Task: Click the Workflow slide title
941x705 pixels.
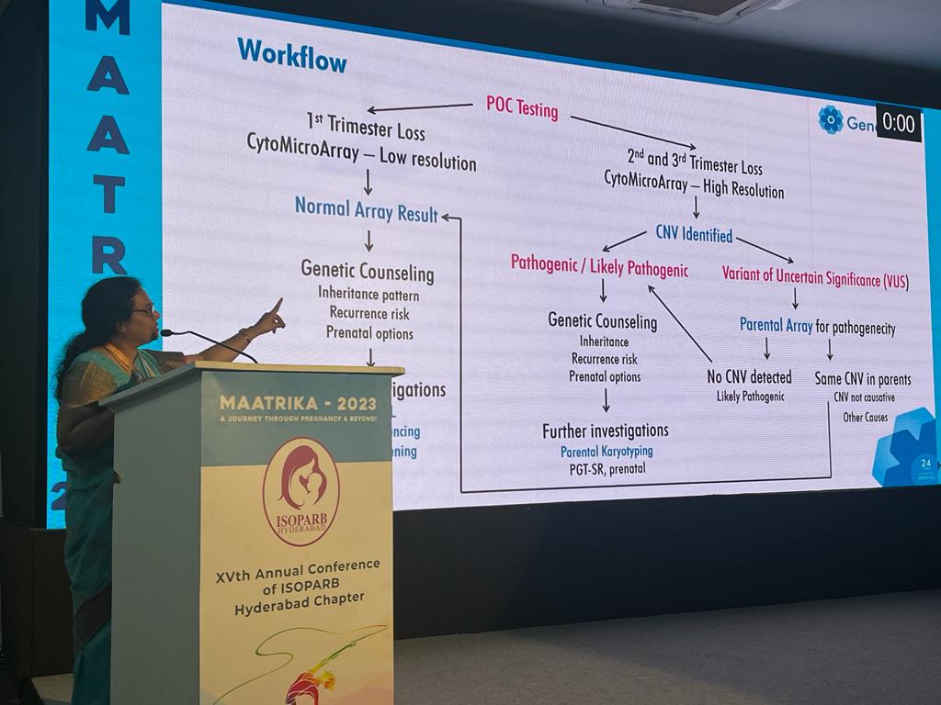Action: pos(291,55)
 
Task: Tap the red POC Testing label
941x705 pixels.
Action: pos(522,107)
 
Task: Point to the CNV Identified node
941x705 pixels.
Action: pos(694,234)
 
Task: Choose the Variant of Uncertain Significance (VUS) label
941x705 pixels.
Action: pos(815,276)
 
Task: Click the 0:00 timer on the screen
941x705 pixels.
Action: pos(898,123)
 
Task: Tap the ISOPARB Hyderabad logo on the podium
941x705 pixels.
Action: pos(300,490)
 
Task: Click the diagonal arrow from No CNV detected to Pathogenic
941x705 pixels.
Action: pos(680,323)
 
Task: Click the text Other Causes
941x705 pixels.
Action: pos(865,418)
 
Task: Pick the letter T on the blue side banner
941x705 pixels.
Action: pos(108,194)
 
